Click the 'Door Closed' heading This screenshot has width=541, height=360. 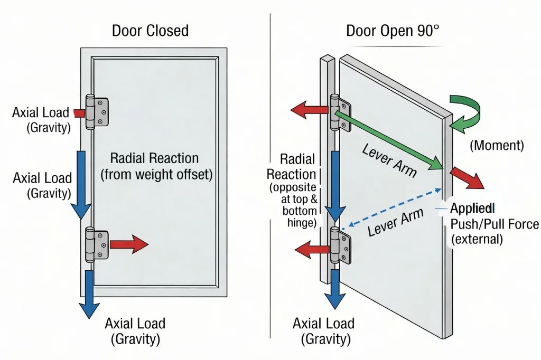150,31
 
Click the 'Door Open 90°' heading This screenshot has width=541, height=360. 392,31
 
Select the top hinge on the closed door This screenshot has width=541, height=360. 97,111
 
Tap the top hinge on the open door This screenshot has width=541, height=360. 338,112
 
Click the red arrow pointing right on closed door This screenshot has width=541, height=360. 129,244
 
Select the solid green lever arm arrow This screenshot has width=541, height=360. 391,138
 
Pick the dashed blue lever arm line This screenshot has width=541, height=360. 391,209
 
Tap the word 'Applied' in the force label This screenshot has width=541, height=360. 471,207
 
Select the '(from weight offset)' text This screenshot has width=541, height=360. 156,175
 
